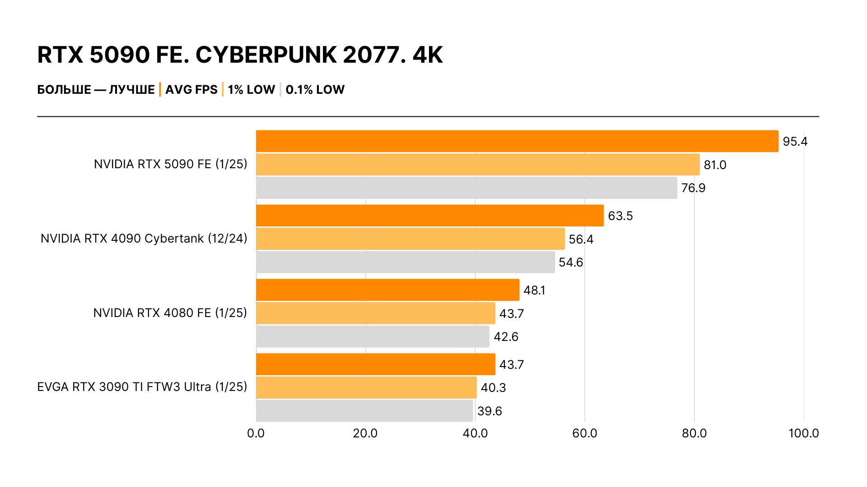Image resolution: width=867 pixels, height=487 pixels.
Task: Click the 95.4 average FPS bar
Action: pyautogui.click(x=517, y=141)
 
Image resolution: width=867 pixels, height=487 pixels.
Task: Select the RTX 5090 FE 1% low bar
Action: pyautogui.click(x=478, y=165)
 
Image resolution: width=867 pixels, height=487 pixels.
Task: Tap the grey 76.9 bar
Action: pyautogui.click(x=466, y=188)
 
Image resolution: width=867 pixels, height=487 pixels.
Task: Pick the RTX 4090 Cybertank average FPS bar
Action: pyautogui.click(x=430, y=216)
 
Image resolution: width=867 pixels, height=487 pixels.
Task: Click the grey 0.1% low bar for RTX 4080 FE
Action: pyautogui.click(x=373, y=336)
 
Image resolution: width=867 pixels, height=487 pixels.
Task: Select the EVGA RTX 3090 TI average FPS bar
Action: pyautogui.click(x=376, y=364)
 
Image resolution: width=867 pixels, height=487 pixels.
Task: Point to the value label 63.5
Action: pyautogui.click(x=620, y=216)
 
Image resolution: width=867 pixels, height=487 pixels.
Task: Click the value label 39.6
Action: pyautogui.click(x=489, y=411)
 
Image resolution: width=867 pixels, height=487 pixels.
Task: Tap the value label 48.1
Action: pyautogui.click(x=534, y=290)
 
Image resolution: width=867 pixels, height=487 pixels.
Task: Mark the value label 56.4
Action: pyautogui.click(x=581, y=239)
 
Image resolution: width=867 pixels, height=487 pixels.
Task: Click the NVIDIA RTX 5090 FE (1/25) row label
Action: pyautogui.click(x=170, y=164)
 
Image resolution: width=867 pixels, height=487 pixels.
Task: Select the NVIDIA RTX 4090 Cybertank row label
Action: pyautogui.click(x=144, y=239)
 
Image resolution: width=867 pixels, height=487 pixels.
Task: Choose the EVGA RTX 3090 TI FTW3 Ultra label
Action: pyautogui.click(x=142, y=387)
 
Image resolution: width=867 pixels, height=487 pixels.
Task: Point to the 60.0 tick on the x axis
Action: pyautogui.click(x=584, y=433)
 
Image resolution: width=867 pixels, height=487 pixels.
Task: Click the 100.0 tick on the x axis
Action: pyautogui.click(x=803, y=433)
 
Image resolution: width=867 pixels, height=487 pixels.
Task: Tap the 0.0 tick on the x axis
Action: pyautogui.click(x=256, y=433)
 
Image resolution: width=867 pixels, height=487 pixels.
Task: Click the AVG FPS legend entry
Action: pyautogui.click(x=191, y=90)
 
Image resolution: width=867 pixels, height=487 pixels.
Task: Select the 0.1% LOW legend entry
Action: pyautogui.click(x=315, y=90)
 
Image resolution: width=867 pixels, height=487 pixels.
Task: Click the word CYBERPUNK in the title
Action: pyautogui.click(x=266, y=55)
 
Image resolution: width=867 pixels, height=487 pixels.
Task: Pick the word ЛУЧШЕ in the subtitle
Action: pyautogui.click(x=132, y=90)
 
